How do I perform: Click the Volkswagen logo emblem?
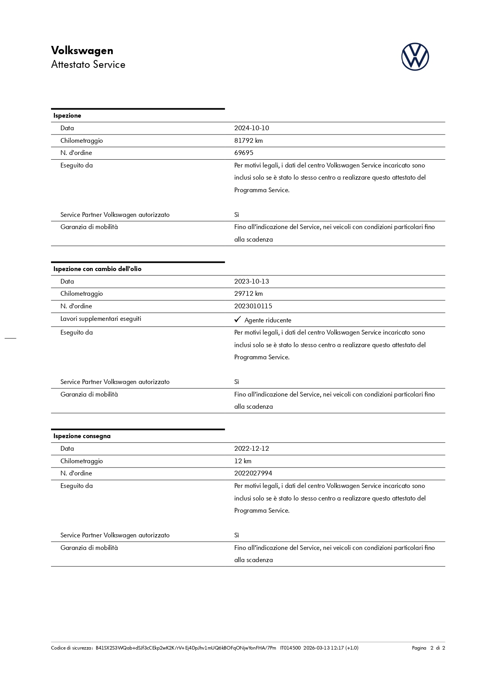click(415, 57)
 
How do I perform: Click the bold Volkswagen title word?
click(82, 51)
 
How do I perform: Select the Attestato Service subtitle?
click(88, 65)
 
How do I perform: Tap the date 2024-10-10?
click(252, 128)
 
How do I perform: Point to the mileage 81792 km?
click(248, 141)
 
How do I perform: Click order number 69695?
click(244, 153)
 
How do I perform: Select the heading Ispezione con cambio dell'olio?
click(97, 269)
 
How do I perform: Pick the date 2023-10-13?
click(252, 282)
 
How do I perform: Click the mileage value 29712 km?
click(248, 294)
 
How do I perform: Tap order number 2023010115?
click(253, 306)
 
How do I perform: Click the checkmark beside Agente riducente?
click(237, 320)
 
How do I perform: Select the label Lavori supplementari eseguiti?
click(101, 319)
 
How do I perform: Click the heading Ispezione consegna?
click(82, 436)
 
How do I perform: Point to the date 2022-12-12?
click(252, 449)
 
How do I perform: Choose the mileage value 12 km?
click(243, 461)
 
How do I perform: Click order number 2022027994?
click(253, 473)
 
